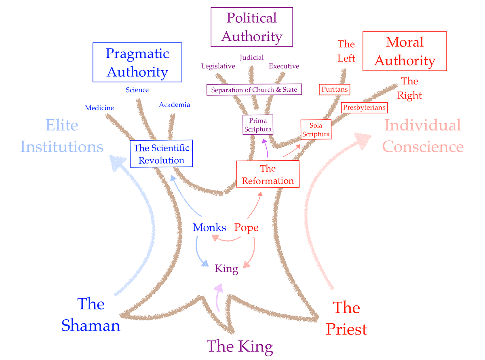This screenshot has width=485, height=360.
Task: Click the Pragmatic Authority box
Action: click(x=137, y=63)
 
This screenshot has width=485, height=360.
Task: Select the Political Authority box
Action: click(x=251, y=27)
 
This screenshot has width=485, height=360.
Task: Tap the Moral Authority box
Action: click(x=405, y=51)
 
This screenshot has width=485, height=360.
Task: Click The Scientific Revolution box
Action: click(x=161, y=154)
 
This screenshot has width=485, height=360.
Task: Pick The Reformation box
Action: click(x=268, y=174)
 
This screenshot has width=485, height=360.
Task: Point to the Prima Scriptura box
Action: click(x=257, y=125)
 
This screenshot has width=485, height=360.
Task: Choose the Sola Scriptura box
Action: click(x=316, y=129)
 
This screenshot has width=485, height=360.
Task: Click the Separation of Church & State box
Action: click(x=254, y=90)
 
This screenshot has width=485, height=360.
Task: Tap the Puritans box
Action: click(x=334, y=89)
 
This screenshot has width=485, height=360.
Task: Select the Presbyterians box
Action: click(x=364, y=107)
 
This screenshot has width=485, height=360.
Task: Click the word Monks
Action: click(x=209, y=227)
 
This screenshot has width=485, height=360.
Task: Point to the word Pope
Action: click(x=246, y=227)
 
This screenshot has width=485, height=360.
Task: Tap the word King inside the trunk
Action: click(x=226, y=268)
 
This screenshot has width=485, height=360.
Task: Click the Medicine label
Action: click(x=99, y=108)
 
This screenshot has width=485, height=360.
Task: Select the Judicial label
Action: click(x=251, y=58)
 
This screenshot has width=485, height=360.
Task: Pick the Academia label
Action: click(x=174, y=105)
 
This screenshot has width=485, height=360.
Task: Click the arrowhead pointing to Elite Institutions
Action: click(x=116, y=162)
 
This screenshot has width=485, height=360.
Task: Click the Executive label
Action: click(x=284, y=66)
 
